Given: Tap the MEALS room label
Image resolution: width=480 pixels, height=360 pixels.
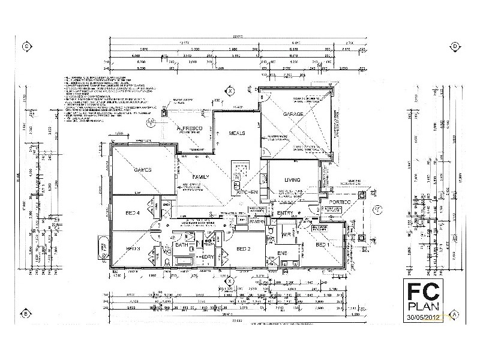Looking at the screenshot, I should (x=237, y=133).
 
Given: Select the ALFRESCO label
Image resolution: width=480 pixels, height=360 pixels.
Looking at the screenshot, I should (x=190, y=129).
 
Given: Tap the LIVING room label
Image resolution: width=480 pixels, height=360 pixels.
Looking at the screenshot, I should (x=292, y=179).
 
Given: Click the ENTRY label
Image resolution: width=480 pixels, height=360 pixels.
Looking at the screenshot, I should (x=285, y=212).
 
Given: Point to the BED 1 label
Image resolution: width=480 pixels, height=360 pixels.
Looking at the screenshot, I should (x=322, y=245).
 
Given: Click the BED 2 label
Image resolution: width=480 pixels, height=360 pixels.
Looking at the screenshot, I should (x=243, y=248).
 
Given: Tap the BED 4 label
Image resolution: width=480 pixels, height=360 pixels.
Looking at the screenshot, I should (x=133, y=213).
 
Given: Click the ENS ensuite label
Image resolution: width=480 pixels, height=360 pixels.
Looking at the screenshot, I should (x=281, y=254).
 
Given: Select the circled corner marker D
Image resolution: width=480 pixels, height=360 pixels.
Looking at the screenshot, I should (x=455, y=46).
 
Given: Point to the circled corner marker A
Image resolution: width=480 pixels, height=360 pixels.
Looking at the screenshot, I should (x=455, y=314).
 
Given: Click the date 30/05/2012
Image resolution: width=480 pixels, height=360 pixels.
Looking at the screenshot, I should (x=424, y=317).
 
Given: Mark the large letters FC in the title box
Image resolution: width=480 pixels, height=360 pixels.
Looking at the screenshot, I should (x=424, y=291).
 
